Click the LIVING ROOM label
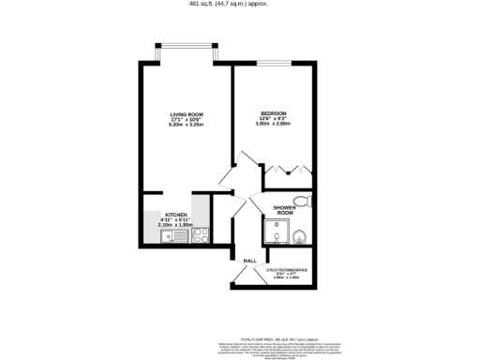click(x=186, y=114)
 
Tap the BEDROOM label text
click(x=273, y=114)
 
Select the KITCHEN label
click(x=176, y=215)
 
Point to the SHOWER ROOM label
click(x=285, y=210)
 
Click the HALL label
click(x=249, y=261)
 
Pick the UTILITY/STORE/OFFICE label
click(x=292, y=269)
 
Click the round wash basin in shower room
click(x=301, y=235)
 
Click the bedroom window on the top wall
click(x=273, y=63)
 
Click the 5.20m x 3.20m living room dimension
click(x=186, y=126)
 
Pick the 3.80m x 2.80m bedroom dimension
click(x=273, y=126)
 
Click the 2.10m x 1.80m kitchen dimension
click(x=176, y=225)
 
